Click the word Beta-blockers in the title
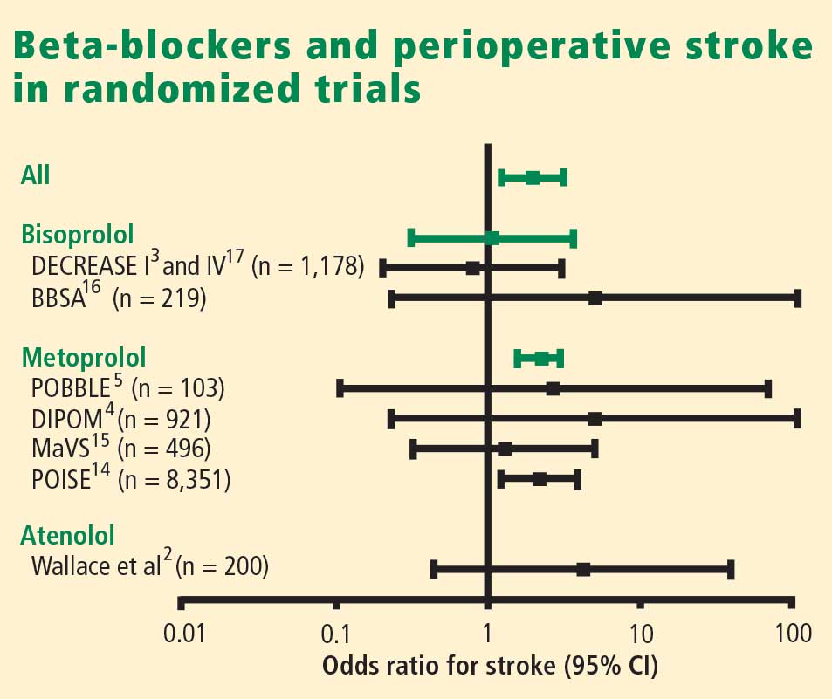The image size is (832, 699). [x=152, y=45]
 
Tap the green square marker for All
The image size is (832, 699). [x=533, y=178]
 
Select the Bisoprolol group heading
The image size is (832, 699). [x=78, y=235]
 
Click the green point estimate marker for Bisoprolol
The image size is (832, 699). [x=492, y=238]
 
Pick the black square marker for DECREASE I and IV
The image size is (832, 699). [x=472, y=269]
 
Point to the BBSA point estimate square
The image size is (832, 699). [x=595, y=298]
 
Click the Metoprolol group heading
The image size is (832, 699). [x=83, y=358]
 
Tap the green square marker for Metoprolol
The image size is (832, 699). [x=541, y=359]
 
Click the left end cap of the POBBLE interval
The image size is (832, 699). [x=340, y=388]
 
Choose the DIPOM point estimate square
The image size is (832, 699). [x=595, y=419]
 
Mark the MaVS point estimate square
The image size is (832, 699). [x=505, y=449]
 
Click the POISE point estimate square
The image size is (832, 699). [x=540, y=479]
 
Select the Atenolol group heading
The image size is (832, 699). [x=67, y=535]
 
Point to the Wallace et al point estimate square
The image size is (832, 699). [x=583, y=570]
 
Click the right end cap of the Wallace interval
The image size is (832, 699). [x=731, y=570]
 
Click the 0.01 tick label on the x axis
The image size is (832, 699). [x=184, y=634]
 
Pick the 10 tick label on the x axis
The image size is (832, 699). [x=641, y=634]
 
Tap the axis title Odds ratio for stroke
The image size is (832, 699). [x=439, y=666]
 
